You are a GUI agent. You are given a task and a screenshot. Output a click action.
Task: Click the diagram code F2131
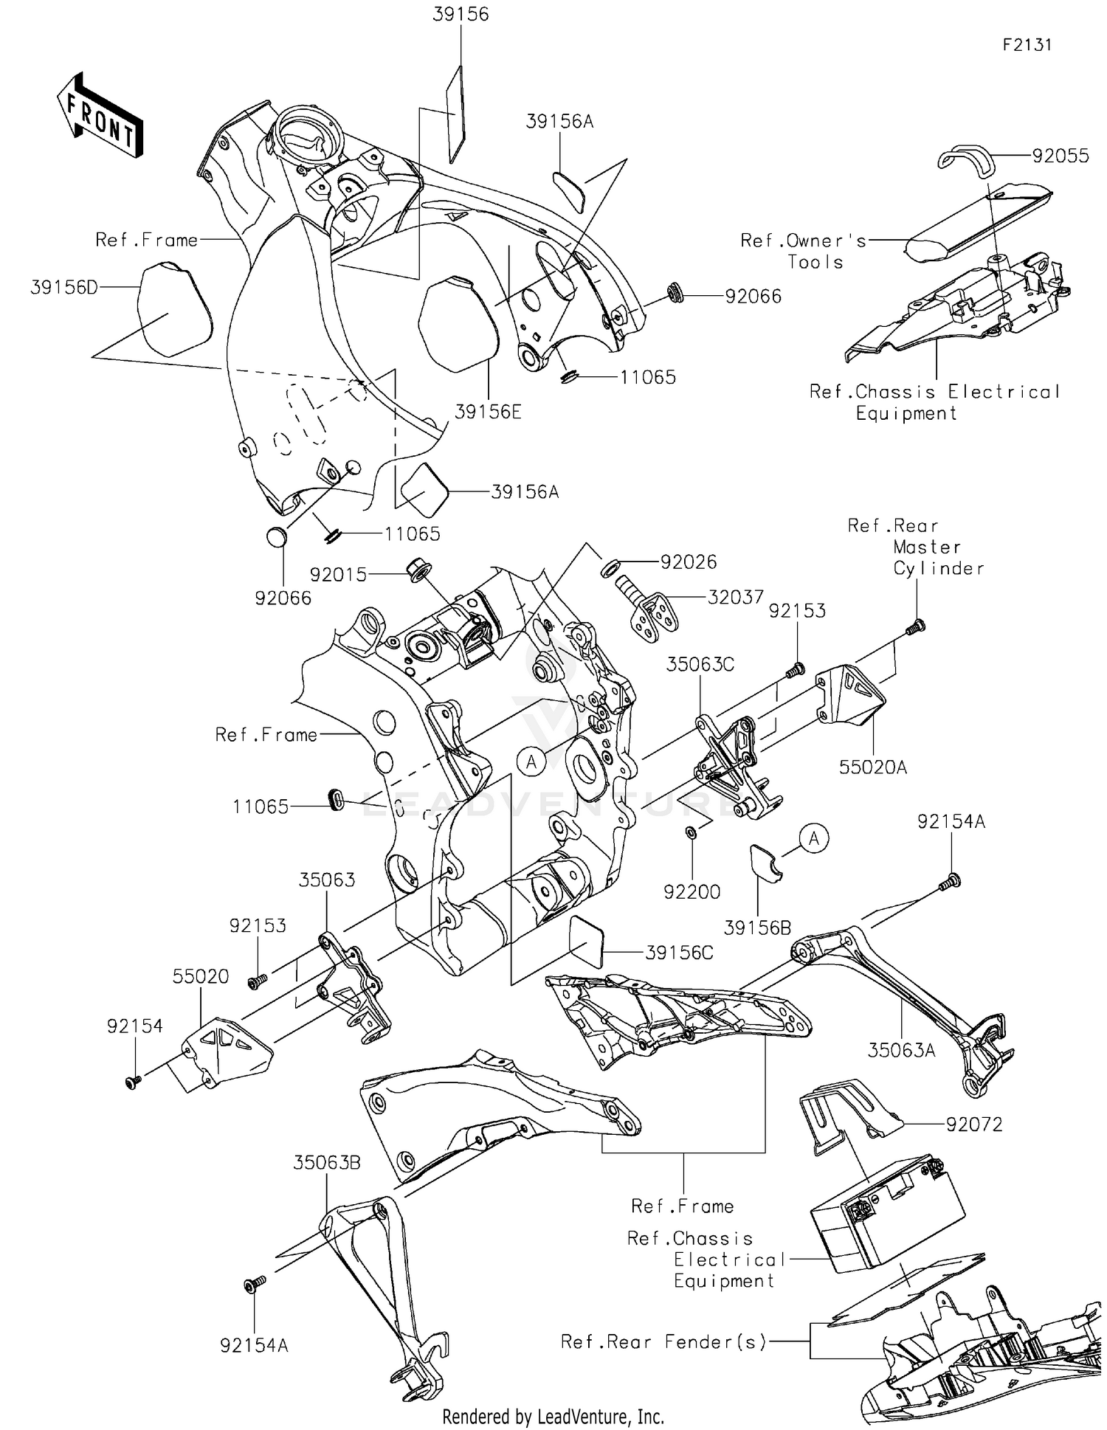point(1027,45)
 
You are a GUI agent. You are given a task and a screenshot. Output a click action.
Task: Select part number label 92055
point(1060,156)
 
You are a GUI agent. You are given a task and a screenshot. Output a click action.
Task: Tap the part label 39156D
point(63,288)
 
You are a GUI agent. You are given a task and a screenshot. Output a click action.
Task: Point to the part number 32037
point(735,597)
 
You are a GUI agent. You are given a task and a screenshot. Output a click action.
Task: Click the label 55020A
point(872,767)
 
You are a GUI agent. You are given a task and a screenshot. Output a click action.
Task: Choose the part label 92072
point(974,1125)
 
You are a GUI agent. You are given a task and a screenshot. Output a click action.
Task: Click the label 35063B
point(327,1163)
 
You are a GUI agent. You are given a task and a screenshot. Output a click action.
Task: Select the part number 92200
point(692,892)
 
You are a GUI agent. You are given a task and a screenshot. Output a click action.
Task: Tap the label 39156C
point(679,953)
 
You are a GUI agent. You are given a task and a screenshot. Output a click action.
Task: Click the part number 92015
point(338,575)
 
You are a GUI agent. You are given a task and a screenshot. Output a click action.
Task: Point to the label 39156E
point(488,412)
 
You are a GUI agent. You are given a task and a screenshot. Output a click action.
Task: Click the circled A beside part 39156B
point(814,839)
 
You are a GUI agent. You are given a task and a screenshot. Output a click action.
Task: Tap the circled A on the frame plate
point(531,761)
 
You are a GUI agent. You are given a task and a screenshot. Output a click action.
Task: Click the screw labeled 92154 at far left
point(134,1082)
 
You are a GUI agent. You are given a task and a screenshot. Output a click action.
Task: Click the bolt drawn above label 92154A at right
point(951,880)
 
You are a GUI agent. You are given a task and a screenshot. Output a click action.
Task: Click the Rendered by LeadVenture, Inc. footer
point(553,1417)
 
